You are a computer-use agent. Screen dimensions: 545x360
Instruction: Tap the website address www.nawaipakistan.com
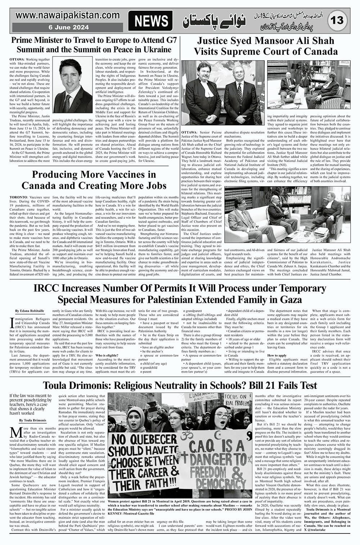click(x=68, y=15)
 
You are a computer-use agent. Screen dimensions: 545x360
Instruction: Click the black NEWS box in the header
click(x=150, y=21)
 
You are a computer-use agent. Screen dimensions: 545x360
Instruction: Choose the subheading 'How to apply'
click(x=277, y=355)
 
